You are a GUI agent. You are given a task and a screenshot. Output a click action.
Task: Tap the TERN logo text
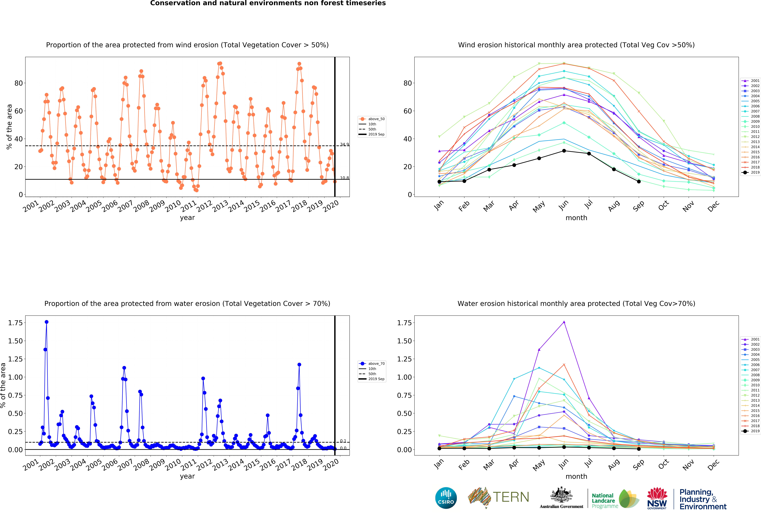[511, 497]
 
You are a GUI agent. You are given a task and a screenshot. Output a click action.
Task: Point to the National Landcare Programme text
[605, 501]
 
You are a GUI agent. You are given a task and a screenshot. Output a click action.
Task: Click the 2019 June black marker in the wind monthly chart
[564, 151]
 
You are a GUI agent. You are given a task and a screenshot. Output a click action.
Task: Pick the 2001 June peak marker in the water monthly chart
[564, 322]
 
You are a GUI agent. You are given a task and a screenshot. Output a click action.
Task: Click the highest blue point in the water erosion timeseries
[46, 322]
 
